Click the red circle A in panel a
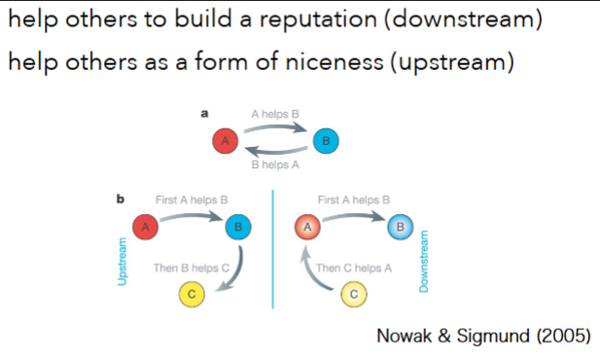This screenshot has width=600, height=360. [226, 141]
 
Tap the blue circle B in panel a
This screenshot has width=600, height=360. [325, 141]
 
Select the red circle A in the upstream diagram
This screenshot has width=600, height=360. [145, 227]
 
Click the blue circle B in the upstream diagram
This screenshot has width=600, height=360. [237, 227]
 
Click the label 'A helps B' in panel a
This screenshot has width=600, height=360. [274, 115]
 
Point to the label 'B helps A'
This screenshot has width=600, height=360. [274, 165]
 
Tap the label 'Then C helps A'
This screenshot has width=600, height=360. [355, 266]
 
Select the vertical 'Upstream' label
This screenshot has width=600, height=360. [123, 260]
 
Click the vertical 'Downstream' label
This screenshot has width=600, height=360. [425, 260]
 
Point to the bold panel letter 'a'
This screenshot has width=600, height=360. [204, 114]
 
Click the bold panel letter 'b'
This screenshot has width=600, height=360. [120, 199]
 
